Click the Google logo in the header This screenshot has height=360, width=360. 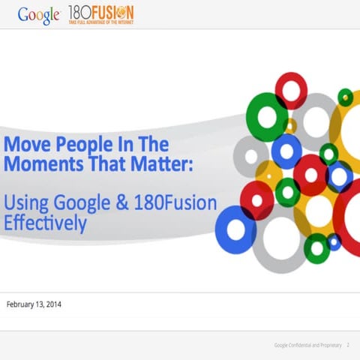point(39,14)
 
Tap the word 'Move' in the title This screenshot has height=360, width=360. point(27,143)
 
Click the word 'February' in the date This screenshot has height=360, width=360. point(26,304)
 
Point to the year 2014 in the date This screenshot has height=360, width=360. point(67,304)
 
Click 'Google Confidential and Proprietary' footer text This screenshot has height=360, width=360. point(307,345)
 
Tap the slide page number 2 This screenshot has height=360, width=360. point(349,345)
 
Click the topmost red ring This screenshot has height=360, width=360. point(292,90)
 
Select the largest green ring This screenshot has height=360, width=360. point(267,117)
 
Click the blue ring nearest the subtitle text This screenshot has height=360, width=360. point(236,229)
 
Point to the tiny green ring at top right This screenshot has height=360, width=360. point(345,97)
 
